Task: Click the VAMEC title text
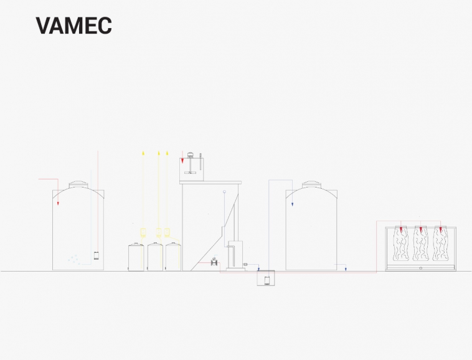coord(73,26)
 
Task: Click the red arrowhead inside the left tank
coord(58,204)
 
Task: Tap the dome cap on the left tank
coord(78,184)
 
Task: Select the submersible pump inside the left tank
coord(97,256)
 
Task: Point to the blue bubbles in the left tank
coord(74,260)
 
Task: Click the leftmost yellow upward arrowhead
coord(143,153)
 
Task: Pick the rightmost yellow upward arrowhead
coord(168,153)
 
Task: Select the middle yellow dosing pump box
coord(159,232)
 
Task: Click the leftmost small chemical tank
coord(136,257)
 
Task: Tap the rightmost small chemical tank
coord(173,257)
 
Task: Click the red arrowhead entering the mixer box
coord(182,161)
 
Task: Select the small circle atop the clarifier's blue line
coord(224,192)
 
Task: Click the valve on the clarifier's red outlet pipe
coord(214,262)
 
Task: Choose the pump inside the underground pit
coord(267,280)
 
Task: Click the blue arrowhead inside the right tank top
coord(292,204)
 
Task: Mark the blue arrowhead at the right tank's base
coord(346,269)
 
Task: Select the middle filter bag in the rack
coord(421,243)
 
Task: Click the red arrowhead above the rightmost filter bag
coord(441,230)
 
